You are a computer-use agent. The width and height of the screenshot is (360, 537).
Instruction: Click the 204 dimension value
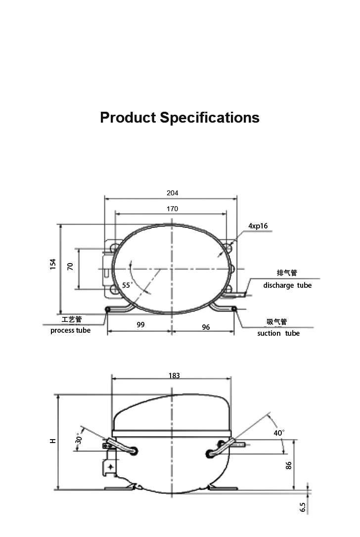[x=172, y=193]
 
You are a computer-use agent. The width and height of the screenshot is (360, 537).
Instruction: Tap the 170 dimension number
[x=172, y=209]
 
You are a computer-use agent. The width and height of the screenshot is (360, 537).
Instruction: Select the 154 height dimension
[x=53, y=264]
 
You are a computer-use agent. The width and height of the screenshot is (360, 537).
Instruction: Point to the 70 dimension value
[x=70, y=267]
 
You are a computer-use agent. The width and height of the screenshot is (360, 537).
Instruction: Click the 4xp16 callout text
[x=258, y=226]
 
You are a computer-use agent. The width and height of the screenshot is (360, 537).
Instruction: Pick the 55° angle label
[x=127, y=285]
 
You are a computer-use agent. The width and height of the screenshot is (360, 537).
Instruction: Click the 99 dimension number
[x=140, y=325]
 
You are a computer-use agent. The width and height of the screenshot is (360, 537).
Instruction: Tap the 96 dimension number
[x=206, y=327]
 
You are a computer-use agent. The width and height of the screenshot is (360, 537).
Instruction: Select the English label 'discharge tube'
[x=287, y=285]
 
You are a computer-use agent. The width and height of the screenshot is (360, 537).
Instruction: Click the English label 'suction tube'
[x=278, y=333]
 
